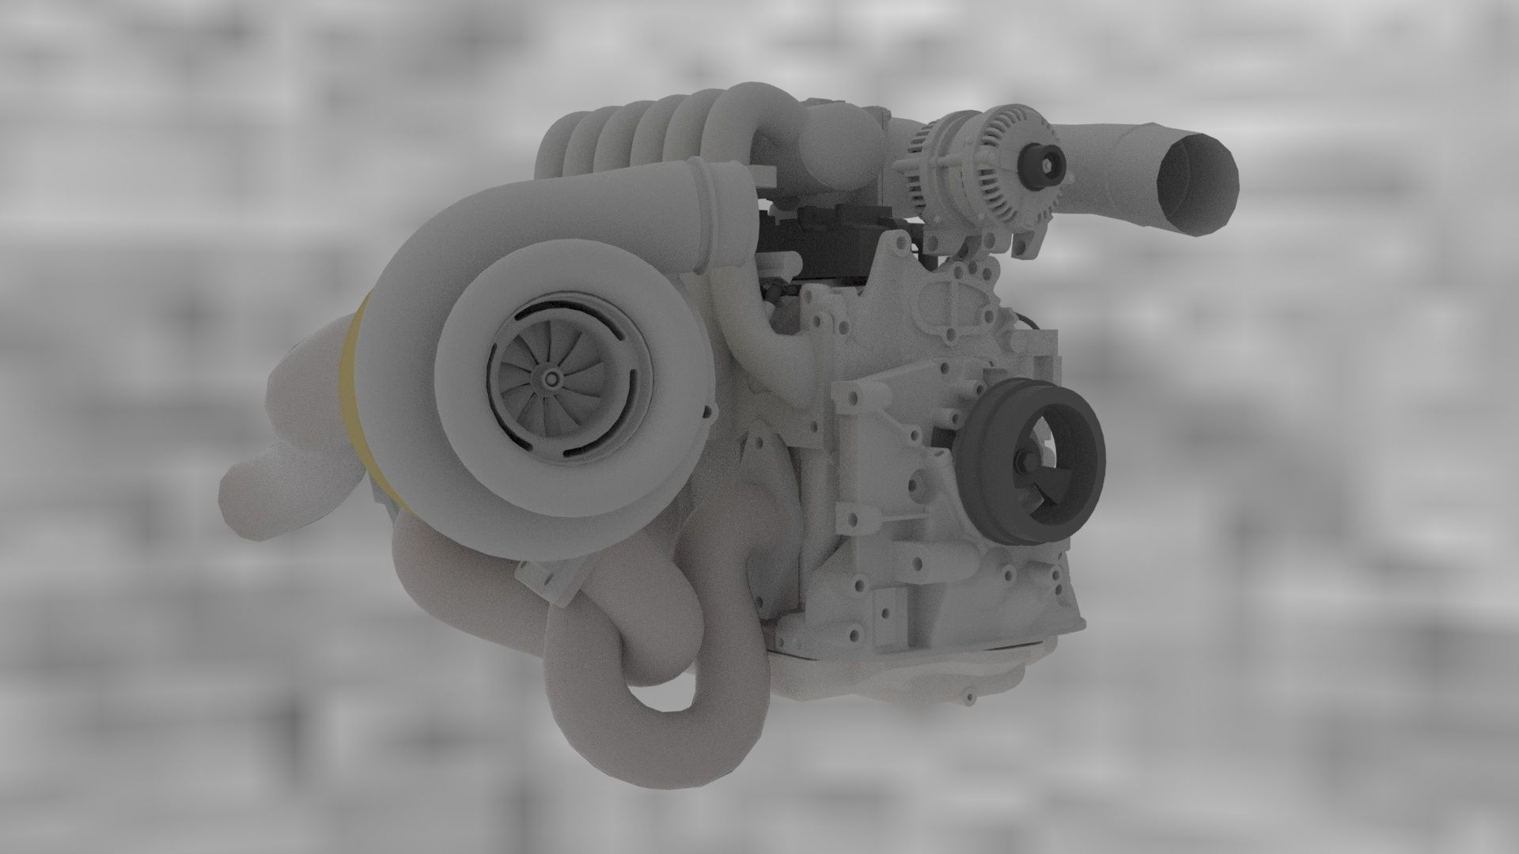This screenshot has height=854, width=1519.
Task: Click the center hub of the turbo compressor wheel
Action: point(551,380)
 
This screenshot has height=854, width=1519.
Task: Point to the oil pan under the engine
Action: point(910,664)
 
